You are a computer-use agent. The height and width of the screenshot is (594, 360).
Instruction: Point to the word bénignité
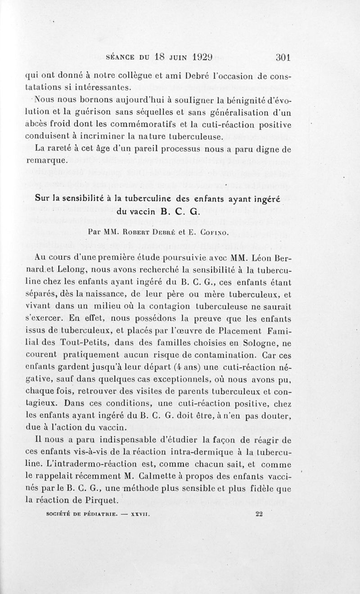tap(242, 98)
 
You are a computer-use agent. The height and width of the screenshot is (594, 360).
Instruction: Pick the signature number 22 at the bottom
tap(258, 513)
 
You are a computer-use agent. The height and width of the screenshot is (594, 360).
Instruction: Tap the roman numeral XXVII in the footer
tap(138, 514)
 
